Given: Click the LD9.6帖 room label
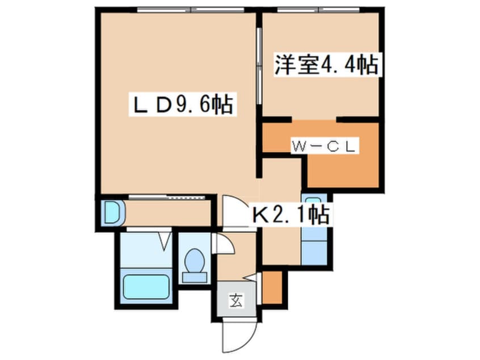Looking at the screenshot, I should point(182,106).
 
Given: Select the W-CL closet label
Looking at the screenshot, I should point(323,146).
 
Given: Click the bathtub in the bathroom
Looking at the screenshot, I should point(146,289).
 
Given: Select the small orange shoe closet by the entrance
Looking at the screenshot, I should point(271,287).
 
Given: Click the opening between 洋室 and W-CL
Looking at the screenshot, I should point(314,120).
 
